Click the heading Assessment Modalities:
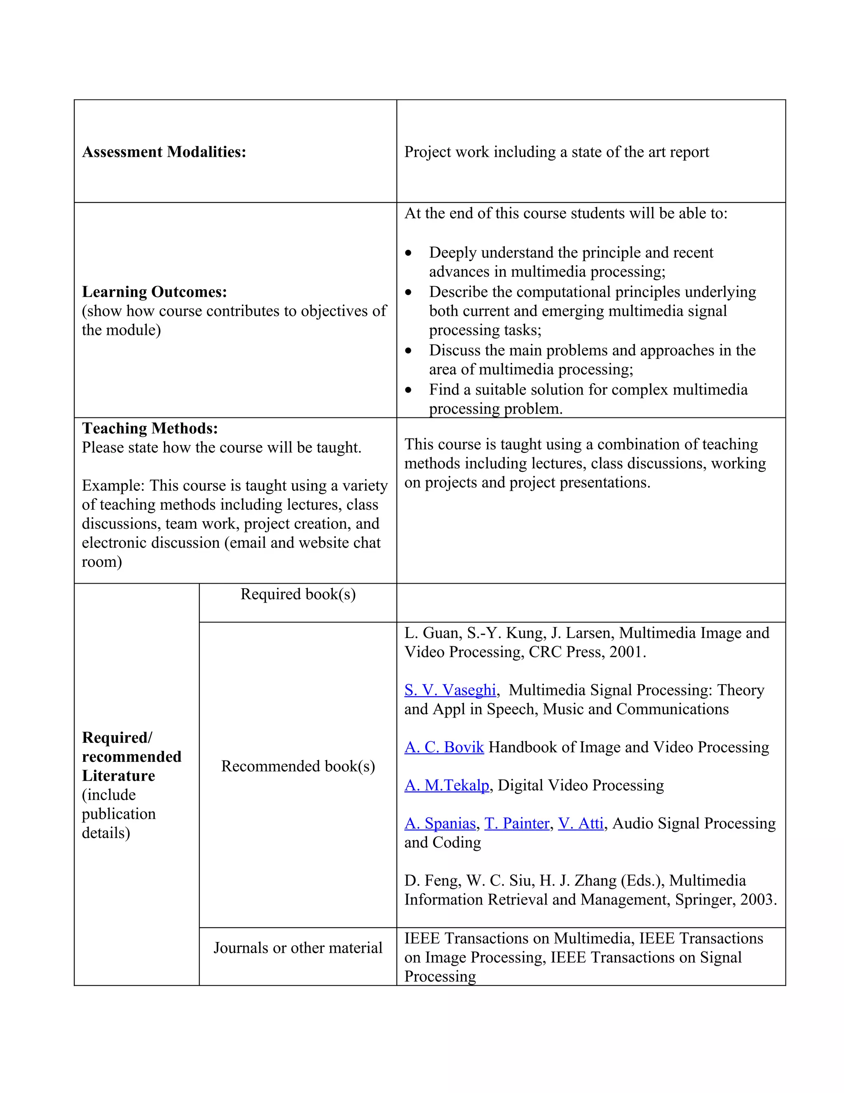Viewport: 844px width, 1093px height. point(164,152)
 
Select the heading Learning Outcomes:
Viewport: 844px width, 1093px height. point(155,292)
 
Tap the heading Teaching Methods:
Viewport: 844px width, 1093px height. point(150,429)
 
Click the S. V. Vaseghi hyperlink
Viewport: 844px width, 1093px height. point(450,690)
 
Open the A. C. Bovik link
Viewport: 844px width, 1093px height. point(444,747)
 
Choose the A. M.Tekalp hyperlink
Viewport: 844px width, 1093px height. point(446,785)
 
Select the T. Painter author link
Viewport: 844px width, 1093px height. point(516,823)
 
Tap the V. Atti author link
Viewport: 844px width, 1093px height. point(581,823)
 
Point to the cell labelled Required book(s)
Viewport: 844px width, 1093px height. point(298,594)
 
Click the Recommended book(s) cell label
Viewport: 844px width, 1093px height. point(298,766)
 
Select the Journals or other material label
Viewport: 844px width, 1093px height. point(298,947)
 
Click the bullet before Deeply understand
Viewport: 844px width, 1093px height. point(408,253)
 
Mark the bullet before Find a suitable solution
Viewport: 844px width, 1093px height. point(408,390)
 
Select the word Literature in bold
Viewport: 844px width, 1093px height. point(119,776)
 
